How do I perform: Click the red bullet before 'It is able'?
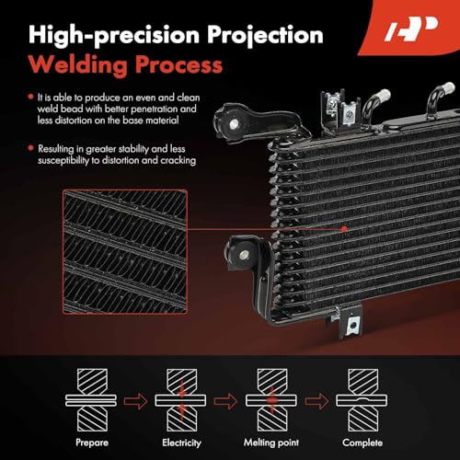tap(32, 97)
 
